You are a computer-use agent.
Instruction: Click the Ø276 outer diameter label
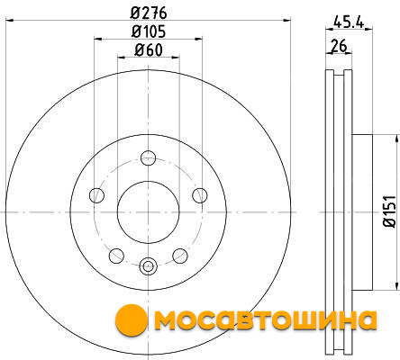tap(149, 13)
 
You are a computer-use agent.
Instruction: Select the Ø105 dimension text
tap(149, 31)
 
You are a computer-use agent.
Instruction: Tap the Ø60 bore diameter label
tap(149, 49)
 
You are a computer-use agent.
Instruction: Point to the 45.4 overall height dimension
tap(349, 22)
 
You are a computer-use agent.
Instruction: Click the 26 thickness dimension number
tap(339, 46)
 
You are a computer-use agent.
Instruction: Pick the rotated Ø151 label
tap(390, 211)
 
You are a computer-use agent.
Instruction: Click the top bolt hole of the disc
tap(149, 157)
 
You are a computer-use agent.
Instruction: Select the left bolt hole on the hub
tap(96, 195)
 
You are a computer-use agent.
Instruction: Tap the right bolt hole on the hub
tap(200, 195)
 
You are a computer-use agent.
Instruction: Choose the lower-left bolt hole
tap(116, 256)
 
